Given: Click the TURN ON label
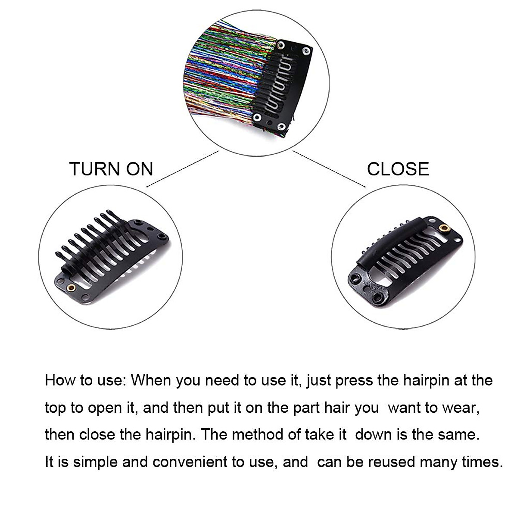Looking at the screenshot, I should tap(111, 169).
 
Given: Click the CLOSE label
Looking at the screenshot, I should tap(398, 169).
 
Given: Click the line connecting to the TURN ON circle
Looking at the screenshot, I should tap(183, 169).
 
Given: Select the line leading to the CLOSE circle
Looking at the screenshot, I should tap(330, 169).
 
